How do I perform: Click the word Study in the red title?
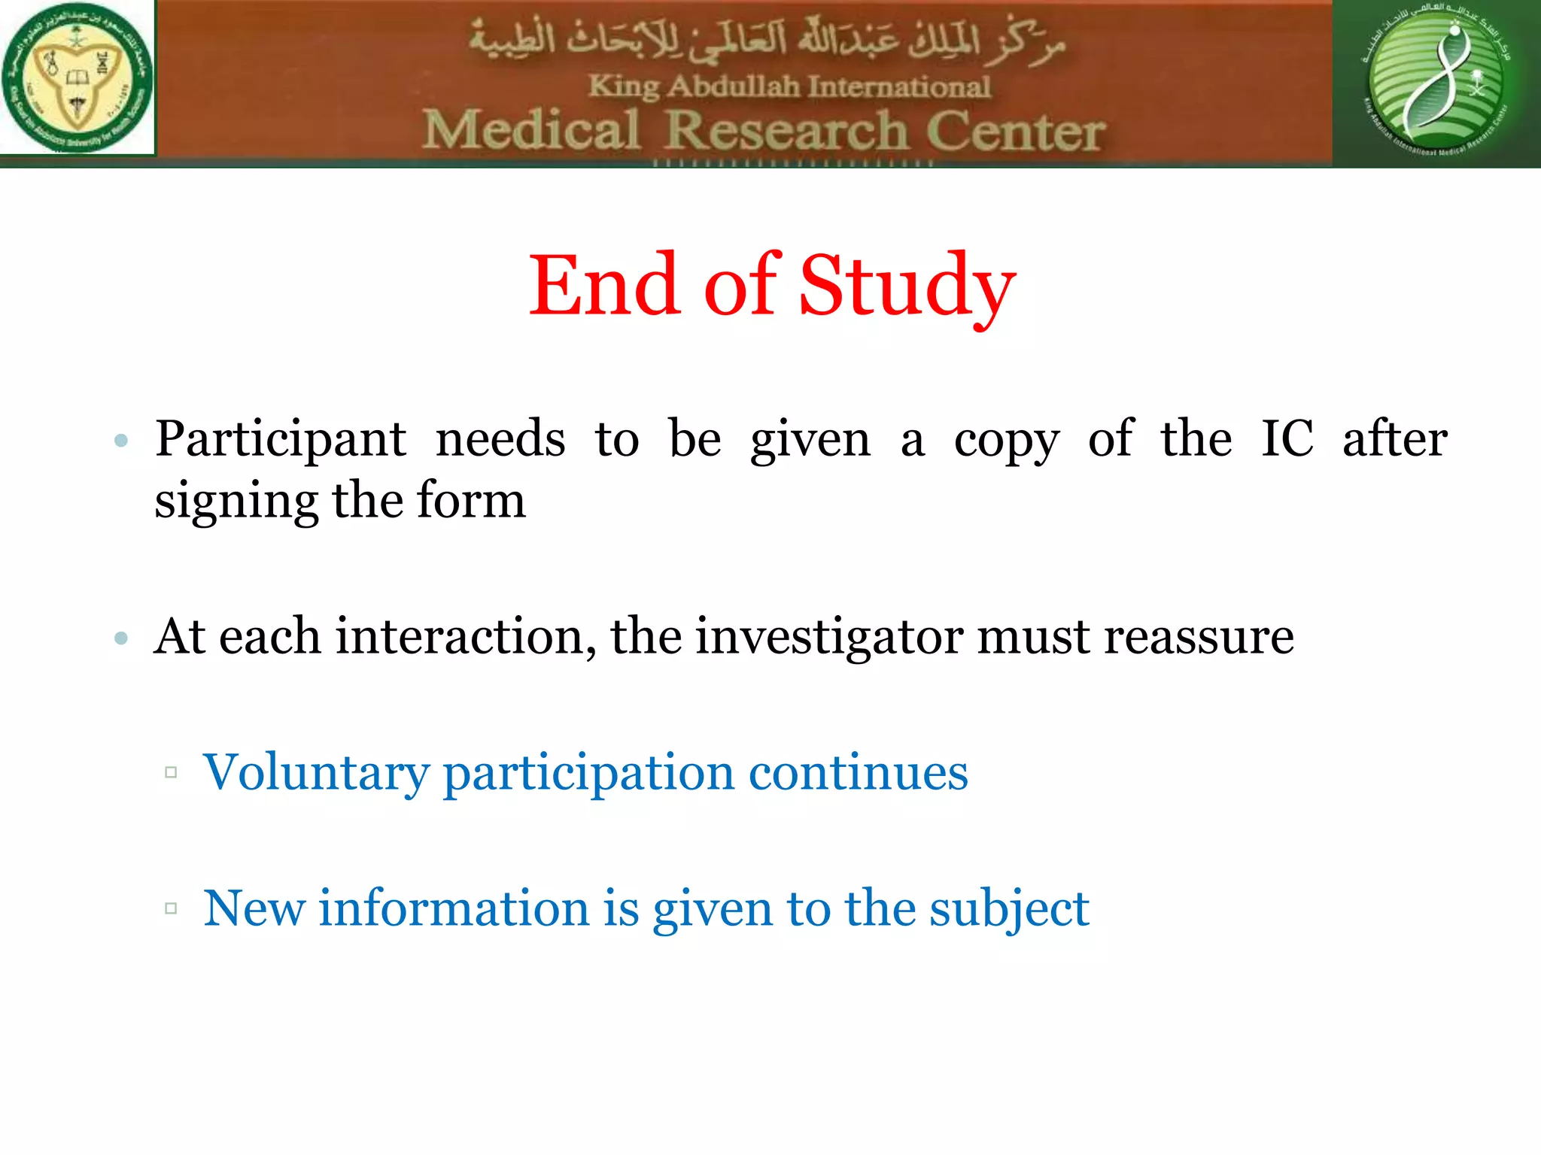[x=907, y=287]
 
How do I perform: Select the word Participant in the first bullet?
[x=281, y=441]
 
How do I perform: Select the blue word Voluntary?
[x=316, y=773]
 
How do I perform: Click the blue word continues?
[x=858, y=772]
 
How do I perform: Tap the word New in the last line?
[x=254, y=908]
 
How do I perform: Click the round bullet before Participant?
[x=121, y=441]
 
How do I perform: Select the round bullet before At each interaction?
[x=121, y=638]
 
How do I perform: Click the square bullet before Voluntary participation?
[x=171, y=772]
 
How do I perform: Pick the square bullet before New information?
[x=171, y=908]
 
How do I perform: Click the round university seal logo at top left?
[x=78, y=77]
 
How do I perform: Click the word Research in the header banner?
[x=786, y=131]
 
